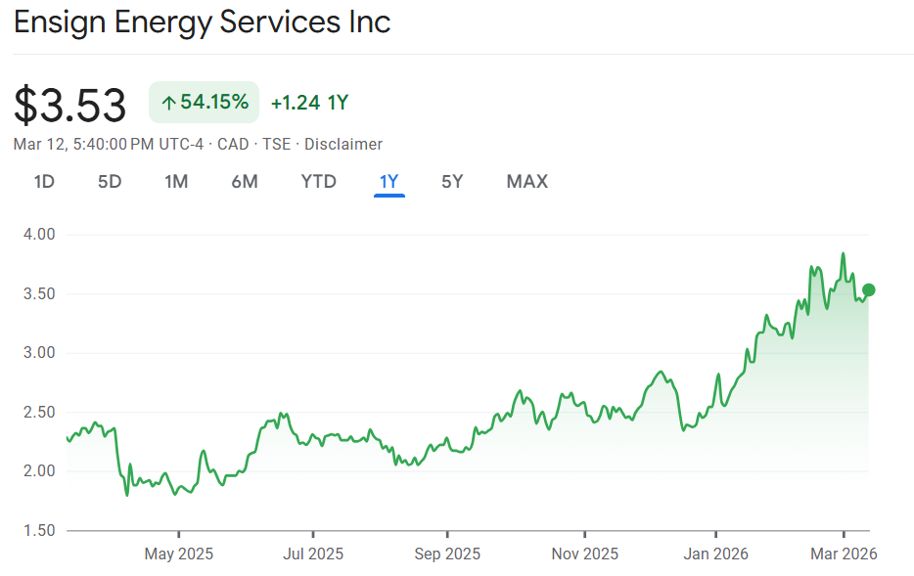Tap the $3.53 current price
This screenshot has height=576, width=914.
[x=70, y=105]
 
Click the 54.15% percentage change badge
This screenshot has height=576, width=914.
[x=204, y=102]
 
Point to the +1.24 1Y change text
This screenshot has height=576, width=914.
[x=309, y=102]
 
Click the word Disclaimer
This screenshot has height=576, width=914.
[x=343, y=144]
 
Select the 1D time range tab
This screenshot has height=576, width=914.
[x=44, y=181]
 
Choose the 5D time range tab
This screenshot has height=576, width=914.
[x=110, y=181]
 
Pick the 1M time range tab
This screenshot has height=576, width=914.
[x=176, y=181]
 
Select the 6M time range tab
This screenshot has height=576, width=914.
[x=245, y=181]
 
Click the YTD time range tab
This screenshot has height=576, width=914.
[x=318, y=181]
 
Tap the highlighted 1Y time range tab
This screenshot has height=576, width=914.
[x=389, y=181]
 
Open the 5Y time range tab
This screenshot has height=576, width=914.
[x=452, y=181]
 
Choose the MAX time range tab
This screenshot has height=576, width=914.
[x=526, y=181]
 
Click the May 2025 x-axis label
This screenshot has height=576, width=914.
[x=178, y=554]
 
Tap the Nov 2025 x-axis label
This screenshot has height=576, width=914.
[x=584, y=554]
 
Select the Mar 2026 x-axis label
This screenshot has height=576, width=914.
[x=844, y=554]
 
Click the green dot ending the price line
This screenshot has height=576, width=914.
[x=868, y=289]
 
